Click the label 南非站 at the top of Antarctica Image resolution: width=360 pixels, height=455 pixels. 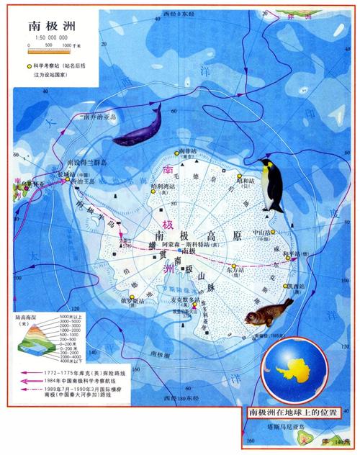coord(186,150)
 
